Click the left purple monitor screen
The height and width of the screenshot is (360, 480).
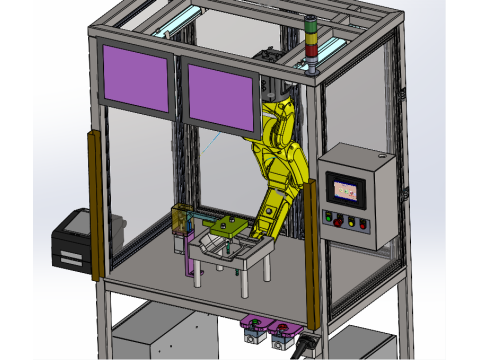tap(136, 78)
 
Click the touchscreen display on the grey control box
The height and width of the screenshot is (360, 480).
tap(345, 188)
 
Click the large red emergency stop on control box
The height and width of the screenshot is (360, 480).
tap(350, 222)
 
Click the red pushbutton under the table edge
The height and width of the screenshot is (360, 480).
tap(281, 328)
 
